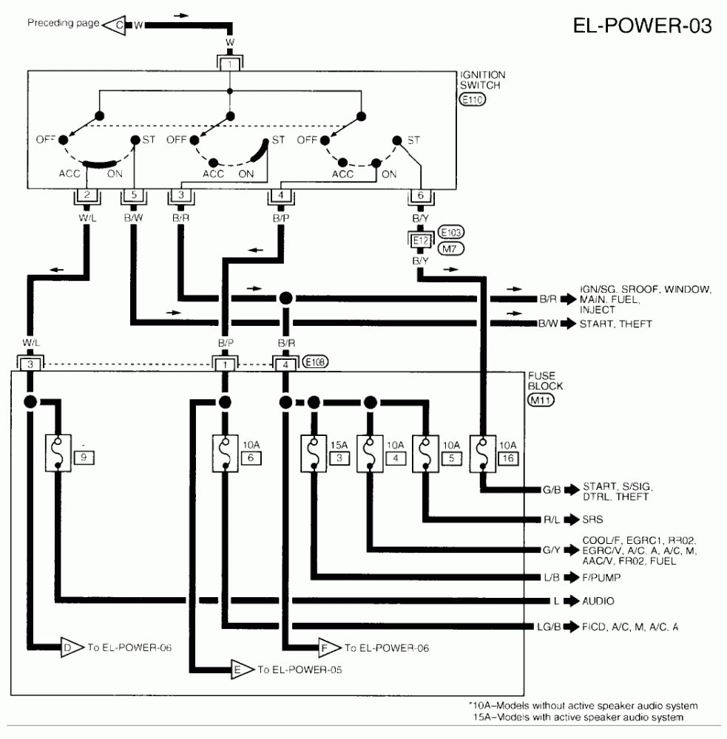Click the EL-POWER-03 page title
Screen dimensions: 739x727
point(642,26)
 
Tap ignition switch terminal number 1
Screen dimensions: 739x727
point(230,64)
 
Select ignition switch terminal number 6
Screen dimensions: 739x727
point(420,195)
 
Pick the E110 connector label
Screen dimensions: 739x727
point(472,99)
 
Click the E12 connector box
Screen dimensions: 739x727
point(419,240)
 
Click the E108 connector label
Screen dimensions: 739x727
point(315,362)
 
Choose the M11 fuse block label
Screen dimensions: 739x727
point(541,401)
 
